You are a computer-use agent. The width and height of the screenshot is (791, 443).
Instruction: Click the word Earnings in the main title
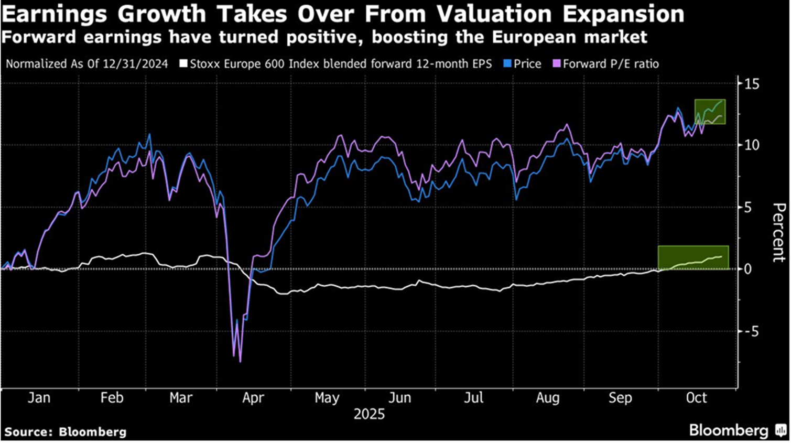coord(55,14)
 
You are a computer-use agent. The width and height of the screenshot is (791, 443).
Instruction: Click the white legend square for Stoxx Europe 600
coord(183,64)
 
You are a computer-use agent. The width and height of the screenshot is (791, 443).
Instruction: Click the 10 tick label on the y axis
coord(751,145)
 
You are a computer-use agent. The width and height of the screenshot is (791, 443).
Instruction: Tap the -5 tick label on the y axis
coord(750,332)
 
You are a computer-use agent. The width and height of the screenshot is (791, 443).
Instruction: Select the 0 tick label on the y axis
coord(748,269)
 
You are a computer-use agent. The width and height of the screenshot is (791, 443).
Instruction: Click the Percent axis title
coord(779,233)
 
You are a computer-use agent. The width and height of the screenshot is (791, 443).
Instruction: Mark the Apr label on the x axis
coord(253,398)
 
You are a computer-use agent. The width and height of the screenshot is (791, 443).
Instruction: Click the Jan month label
coord(39,398)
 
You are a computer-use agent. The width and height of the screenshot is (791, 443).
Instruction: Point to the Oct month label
coord(696,398)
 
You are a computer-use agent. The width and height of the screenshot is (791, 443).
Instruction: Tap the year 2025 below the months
coord(369,415)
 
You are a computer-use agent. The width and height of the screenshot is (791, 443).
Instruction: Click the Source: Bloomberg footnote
coord(66,433)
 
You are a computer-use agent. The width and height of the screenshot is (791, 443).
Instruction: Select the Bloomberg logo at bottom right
coord(736,431)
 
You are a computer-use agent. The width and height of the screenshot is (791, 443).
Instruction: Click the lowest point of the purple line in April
coord(240,362)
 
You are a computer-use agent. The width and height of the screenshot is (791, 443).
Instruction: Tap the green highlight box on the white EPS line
coord(693,257)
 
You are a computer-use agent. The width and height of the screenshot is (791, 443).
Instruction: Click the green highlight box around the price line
coord(710,112)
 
